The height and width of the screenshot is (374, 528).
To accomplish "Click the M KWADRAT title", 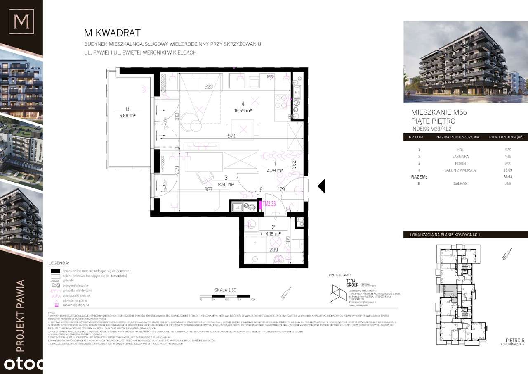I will [x=112, y=33].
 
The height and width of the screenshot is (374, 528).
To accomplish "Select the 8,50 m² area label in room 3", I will [x=226, y=185].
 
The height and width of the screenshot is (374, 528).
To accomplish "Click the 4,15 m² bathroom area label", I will [x=273, y=233].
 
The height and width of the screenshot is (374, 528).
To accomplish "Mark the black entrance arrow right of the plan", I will [x=321, y=186].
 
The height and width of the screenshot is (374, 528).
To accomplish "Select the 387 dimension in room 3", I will [x=208, y=189].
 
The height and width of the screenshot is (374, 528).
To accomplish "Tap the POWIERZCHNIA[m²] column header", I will [x=506, y=137].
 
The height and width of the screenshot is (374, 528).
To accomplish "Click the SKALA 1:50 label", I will [x=225, y=290].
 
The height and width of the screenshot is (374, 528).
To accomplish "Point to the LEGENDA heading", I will [x=59, y=263].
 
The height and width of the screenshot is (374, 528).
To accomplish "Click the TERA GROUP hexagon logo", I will [x=337, y=293].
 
